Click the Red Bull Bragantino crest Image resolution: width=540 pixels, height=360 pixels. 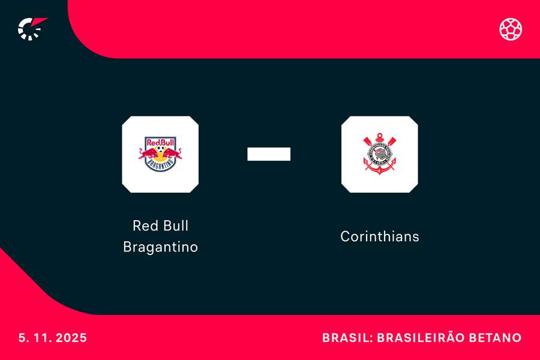point(160,154)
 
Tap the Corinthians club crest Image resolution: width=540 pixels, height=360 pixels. point(379,154)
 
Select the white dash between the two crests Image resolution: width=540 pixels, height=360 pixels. point(269,154)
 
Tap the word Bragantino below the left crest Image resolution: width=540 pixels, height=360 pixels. point(160,247)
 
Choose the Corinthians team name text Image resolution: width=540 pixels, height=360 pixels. point(379,236)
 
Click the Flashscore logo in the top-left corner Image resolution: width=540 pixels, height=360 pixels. point(31,28)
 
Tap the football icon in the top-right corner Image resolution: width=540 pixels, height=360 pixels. point(511,29)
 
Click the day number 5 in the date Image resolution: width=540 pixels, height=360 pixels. point(22,338)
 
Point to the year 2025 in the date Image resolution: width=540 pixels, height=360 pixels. point(72,338)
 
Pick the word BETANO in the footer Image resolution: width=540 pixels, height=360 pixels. point(499,338)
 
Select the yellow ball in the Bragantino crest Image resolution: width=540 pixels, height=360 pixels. point(160,152)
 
